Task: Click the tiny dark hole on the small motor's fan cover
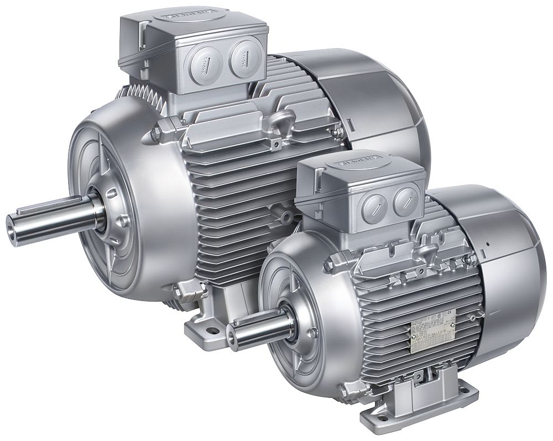[x=489, y=243]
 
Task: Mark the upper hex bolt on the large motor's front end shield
[x=156, y=132]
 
